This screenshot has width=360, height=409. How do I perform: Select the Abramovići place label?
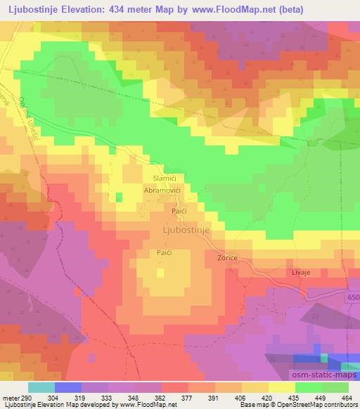pos(164,190)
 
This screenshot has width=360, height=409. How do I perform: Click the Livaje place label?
pos(301,271)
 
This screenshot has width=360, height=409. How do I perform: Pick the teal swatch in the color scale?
pos(41,387)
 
